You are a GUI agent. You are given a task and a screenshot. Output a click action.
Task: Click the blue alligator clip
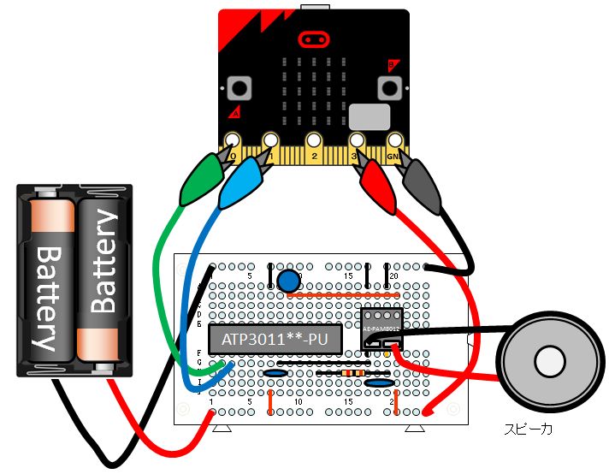(x=242, y=181)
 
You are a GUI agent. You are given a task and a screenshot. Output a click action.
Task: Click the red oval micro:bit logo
(x=314, y=39)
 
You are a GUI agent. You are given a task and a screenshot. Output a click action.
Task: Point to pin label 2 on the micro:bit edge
(x=314, y=157)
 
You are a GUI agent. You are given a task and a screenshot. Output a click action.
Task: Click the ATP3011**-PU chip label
(x=275, y=339)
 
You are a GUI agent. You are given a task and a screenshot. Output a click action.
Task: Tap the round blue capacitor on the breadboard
(x=288, y=280)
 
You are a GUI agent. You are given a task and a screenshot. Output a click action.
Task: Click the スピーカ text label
(x=528, y=429)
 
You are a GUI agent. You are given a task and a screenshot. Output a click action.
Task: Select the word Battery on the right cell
(x=100, y=265)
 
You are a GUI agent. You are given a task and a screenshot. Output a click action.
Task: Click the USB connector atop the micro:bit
(x=314, y=8)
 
